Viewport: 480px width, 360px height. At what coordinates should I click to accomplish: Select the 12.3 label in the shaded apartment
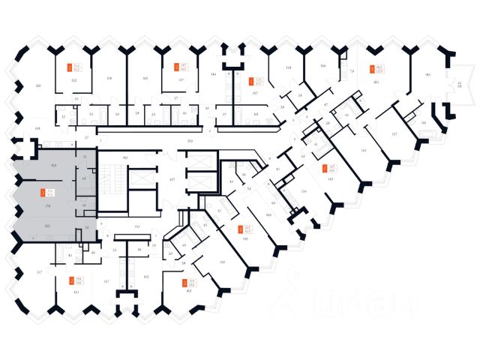[x=47, y=226]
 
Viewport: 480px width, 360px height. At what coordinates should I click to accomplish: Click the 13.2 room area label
[x=73, y=79]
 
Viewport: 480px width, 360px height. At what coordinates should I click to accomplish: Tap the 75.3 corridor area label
[x=190, y=140]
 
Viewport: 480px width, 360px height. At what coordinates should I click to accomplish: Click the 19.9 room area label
[x=222, y=261]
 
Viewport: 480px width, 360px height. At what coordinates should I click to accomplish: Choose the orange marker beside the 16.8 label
[x=185, y=282]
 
